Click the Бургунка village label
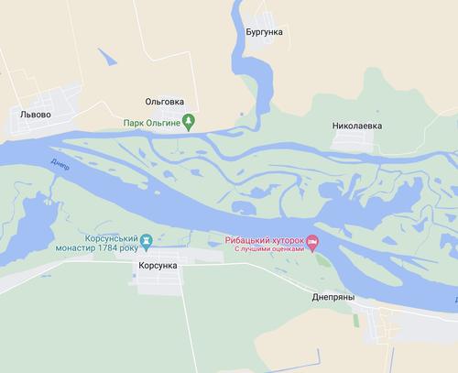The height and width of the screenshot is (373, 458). [x=265, y=32]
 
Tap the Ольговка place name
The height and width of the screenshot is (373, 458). [x=165, y=103]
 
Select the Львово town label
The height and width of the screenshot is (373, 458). [x=36, y=115]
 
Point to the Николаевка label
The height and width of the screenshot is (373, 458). [x=357, y=124]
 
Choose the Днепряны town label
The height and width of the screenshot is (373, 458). [x=331, y=297]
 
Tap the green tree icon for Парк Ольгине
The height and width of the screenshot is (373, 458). [x=189, y=119]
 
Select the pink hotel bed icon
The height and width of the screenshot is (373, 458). [x=312, y=243]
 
